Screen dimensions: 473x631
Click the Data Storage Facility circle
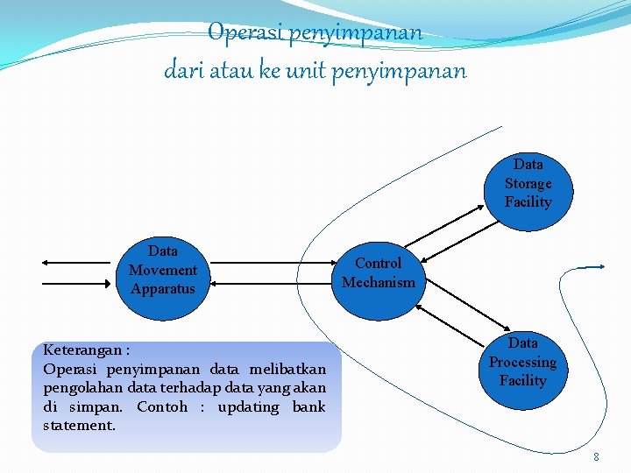pos(528,183)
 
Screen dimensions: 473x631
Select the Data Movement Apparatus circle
pos(163,270)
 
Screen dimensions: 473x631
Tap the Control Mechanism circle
pos(379,272)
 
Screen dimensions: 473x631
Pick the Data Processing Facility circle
pos(522,362)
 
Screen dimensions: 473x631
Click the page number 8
pos(596,456)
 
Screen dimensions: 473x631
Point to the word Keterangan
pos(80,350)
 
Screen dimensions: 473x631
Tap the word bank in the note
pos(308,406)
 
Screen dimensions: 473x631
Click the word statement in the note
pos(79,426)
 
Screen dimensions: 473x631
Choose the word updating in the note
pos(248,406)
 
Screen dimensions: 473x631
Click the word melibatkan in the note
pos(287,369)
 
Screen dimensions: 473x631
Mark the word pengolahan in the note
pos(82,388)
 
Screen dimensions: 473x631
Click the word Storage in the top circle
pos(528,183)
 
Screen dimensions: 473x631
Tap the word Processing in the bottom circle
pos(522,362)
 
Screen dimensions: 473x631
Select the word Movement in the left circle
pos(163,270)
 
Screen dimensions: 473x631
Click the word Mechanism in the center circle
pos(379,282)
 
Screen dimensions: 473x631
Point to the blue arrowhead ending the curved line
pos(601,266)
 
